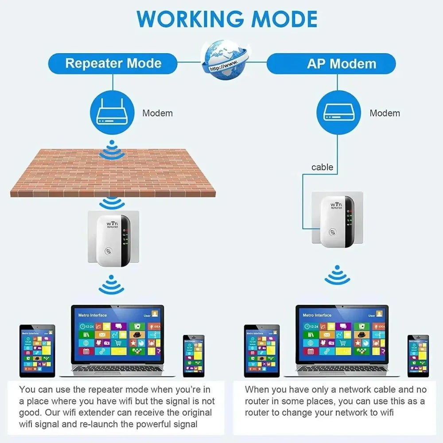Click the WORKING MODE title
(x=227, y=19)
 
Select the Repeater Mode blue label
(x=113, y=63)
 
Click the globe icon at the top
(x=223, y=61)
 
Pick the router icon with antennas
(x=113, y=113)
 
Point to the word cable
(x=322, y=167)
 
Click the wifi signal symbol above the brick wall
(x=111, y=151)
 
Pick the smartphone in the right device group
(x=418, y=356)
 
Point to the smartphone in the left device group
(x=194, y=356)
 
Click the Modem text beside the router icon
(x=157, y=113)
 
